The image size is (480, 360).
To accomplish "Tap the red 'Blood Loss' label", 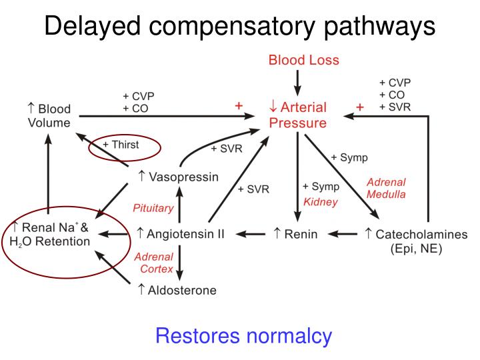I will pos(303,60).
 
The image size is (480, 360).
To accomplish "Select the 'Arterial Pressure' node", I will pos(298,115).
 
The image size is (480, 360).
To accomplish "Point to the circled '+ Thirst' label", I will pos(121,145).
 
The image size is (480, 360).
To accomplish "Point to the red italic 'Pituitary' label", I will pos(153,208).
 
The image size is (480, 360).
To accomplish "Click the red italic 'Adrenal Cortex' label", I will pos(154,263).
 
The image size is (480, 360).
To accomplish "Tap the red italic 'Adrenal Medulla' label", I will pos(386,188).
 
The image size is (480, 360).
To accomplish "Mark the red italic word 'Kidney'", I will pos(321,201).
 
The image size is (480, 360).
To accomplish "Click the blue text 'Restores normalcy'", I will pos(243,336).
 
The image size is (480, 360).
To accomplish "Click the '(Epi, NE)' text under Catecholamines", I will pos(417,249).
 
